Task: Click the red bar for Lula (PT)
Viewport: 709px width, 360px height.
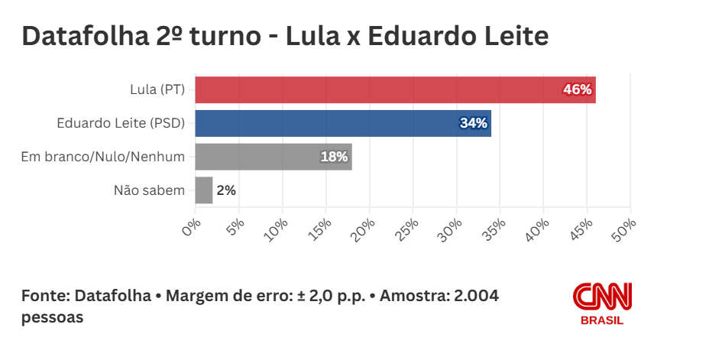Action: click(382, 89)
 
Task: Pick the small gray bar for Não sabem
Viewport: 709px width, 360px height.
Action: click(204, 190)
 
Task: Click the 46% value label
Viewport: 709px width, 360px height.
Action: click(577, 89)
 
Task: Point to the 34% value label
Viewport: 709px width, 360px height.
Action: click(473, 123)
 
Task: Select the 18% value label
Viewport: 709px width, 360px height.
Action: click(334, 157)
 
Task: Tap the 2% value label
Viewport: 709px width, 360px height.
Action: click(226, 190)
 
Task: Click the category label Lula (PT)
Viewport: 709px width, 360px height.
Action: click(157, 89)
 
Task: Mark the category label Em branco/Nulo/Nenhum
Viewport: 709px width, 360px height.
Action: click(102, 157)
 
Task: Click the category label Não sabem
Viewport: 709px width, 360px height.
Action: click(149, 190)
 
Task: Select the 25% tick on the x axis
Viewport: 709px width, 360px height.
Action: click(409, 226)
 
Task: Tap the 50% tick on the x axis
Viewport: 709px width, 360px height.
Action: click(626, 226)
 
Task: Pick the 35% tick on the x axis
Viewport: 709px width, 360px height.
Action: click(496, 226)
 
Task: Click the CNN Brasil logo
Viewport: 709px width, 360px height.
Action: click(602, 303)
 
